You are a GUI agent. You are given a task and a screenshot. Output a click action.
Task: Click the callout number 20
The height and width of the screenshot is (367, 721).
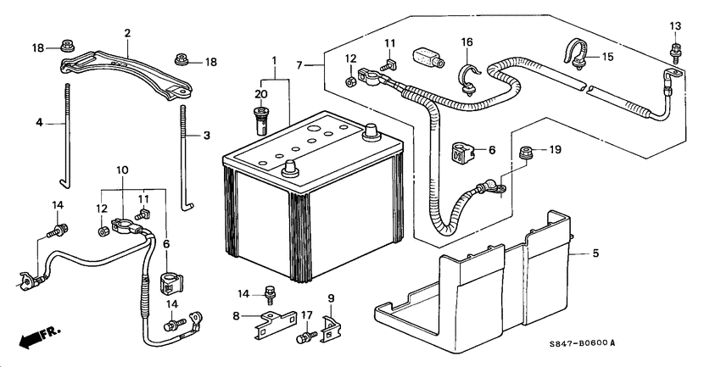pos(260,95)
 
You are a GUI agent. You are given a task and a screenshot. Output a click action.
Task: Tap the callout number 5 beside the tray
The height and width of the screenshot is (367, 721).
pos(595,253)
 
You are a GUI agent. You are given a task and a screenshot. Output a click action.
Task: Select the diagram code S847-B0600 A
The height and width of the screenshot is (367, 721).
pos(582,343)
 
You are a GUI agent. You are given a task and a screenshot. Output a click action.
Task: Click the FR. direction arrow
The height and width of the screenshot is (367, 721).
pos(39,337)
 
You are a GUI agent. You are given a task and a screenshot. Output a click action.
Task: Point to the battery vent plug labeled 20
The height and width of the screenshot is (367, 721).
pos(261,120)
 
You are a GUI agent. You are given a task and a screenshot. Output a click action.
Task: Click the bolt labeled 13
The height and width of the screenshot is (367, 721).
pos(675,51)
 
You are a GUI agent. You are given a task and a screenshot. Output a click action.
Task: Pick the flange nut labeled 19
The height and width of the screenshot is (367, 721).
pos(526,152)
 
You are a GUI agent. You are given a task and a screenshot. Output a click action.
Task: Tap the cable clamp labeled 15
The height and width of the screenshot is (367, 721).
pos(576,55)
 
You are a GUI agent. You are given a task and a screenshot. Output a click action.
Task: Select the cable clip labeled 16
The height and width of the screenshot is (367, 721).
pos(468,79)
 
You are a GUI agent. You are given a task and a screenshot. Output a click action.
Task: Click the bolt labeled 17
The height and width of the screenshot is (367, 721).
pos(305,337)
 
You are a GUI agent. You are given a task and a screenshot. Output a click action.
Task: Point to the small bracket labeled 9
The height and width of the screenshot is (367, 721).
pos(331,330)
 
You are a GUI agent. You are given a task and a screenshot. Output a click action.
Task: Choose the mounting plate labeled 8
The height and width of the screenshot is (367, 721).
pos(276,325)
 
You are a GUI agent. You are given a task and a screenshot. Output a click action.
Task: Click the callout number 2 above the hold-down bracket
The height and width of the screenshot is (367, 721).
pos(127,33)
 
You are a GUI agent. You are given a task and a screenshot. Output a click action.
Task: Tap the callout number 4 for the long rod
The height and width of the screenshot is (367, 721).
pos(40,123)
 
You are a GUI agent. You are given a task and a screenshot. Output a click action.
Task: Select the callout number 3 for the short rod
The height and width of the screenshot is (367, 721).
pos(207,136)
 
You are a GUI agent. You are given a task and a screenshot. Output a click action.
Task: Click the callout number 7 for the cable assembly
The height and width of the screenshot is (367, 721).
pos(299,65)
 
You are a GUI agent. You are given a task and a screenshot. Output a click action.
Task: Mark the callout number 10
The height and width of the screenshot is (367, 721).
pos(122,170)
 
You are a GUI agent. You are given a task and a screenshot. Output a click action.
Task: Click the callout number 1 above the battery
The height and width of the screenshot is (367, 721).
pos(275,60)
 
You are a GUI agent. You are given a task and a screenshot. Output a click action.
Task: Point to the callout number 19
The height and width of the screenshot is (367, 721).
pos(556,150)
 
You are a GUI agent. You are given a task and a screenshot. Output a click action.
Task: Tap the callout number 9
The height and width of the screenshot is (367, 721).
pos(331,298)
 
